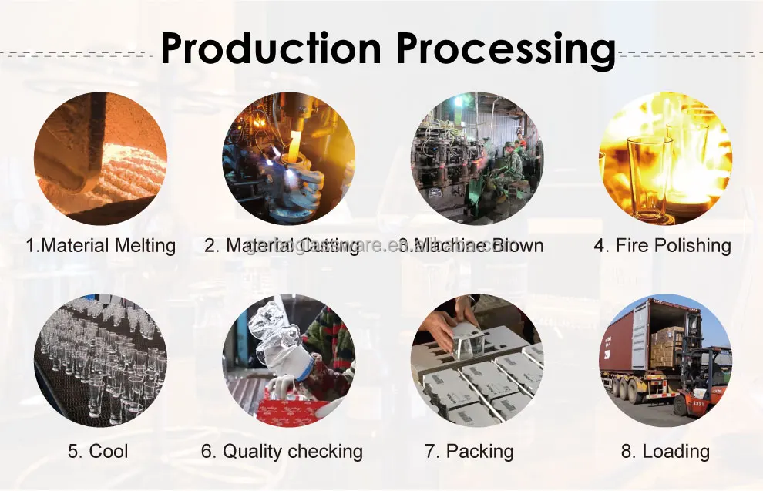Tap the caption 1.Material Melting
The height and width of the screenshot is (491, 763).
coord(101,246)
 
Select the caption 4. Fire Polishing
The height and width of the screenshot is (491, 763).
coord(662,246)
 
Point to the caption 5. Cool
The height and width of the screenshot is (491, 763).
coord(97,451)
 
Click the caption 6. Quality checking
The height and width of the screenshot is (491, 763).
coord(282,451)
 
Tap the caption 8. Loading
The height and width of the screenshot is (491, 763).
coord(665,451)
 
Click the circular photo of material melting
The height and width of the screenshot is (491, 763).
coord(100,158)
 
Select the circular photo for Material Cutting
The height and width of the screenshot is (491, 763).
coord(289,158)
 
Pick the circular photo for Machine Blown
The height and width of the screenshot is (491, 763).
coord(476,158)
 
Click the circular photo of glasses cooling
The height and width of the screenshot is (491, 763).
coord(100,360)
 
